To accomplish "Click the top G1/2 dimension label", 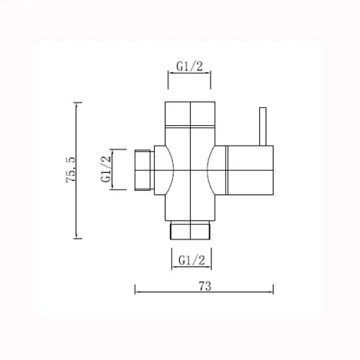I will (x=190, y=68).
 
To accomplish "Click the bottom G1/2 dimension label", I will (x=190, y=258).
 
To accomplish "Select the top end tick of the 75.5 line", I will (x=76, y=101).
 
